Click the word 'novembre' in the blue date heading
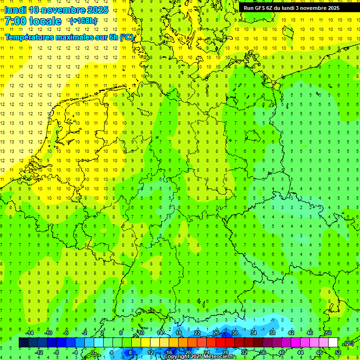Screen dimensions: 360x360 (x=64, y=10)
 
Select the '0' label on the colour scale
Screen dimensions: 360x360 (x=92, y=352)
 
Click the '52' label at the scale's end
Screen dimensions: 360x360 (x=337, y=352)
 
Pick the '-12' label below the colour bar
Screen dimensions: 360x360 (x=39, y=352)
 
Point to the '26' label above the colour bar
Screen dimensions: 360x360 (x=216, y=332)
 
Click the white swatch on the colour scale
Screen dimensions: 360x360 (x=333, y=343)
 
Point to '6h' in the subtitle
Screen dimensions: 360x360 (x=112, y=37)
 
